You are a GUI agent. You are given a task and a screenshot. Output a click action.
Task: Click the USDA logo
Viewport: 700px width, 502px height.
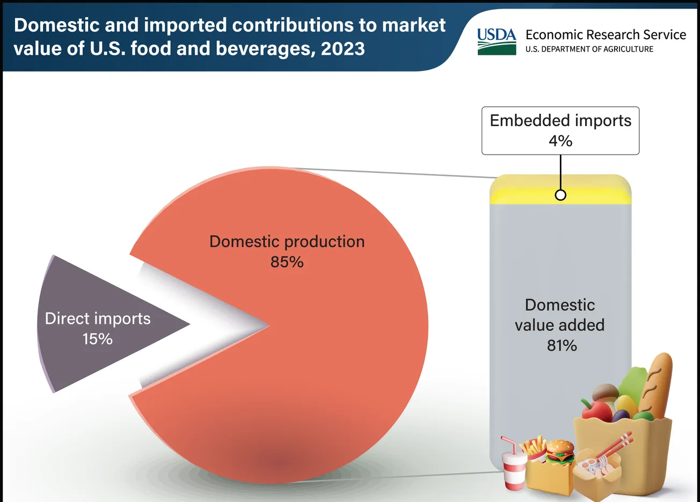[x=496, y=41]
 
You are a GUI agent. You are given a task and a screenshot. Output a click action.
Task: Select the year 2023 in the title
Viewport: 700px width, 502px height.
[x=342, y=49]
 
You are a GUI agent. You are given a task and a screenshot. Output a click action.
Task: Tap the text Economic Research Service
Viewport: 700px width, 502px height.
[x=606, y=35]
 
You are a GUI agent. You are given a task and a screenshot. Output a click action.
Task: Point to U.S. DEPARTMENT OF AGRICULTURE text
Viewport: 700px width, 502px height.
[x=589, y=49]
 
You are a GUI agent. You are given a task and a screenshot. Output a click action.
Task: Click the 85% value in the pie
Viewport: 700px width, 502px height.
[x=287, y=262]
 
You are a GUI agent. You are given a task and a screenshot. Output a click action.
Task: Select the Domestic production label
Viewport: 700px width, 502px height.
[x=287, y=242]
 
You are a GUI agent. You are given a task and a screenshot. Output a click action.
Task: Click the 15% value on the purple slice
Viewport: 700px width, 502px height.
[x=97, y=339]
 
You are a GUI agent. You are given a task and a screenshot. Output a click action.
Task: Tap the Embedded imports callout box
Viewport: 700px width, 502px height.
[x=560, y=130]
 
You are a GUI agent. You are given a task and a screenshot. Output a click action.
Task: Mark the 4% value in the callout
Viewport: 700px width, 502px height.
[x=560, y=141]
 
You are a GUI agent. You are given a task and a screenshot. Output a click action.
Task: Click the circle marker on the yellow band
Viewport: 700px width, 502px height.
[x=560, y=195]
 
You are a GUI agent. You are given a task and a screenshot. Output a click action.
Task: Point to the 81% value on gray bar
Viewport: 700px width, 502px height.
[x=562, y=345]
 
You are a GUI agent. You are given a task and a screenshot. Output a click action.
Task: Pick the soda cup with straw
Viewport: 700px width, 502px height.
[x=514, y=467]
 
